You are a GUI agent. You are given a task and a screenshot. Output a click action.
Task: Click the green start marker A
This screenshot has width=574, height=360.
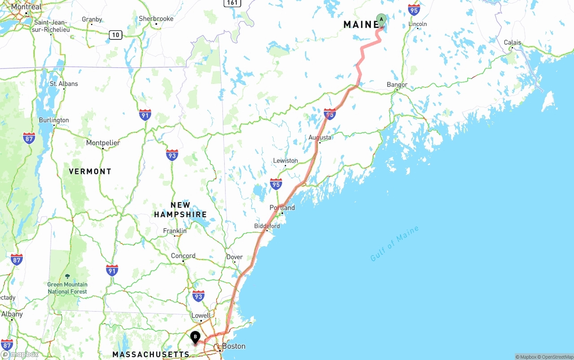(381, 20)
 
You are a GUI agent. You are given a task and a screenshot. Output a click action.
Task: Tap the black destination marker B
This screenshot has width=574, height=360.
(195, 337)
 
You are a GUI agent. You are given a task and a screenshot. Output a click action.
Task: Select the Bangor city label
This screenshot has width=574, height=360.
(397, 85)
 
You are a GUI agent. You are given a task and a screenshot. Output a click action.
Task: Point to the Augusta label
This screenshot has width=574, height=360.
(320, 137)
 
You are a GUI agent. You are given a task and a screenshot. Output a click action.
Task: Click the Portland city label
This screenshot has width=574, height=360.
(282, 208)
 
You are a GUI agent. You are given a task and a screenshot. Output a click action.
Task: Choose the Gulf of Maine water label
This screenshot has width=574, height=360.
(395, 243)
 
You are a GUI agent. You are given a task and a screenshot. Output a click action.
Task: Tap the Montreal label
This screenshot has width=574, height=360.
(26, 7)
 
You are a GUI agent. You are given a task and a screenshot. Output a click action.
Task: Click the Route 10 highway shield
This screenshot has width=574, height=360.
(116, 35)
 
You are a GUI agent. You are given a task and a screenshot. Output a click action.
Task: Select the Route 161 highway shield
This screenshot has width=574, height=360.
(232, 3)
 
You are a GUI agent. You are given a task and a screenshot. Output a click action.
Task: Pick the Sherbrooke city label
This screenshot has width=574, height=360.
(156, 19)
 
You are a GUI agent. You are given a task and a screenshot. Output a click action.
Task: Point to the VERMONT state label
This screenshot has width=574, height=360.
(90, 171)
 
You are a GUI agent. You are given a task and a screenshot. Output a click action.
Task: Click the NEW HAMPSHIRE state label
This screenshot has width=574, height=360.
(180, 210)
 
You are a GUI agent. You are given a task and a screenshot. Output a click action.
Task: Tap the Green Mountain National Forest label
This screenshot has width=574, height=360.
(67, 288)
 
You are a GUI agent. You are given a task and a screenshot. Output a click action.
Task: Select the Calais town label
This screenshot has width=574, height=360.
(512, 43)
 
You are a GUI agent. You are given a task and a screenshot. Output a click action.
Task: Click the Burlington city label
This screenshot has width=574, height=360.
(54, 120)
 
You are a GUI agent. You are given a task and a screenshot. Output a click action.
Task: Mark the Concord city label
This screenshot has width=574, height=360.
(183, 256)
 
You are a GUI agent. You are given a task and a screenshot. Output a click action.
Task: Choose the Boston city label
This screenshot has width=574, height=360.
(234, 346)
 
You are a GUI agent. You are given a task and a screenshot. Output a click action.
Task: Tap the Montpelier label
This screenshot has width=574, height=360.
(103, 143)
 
